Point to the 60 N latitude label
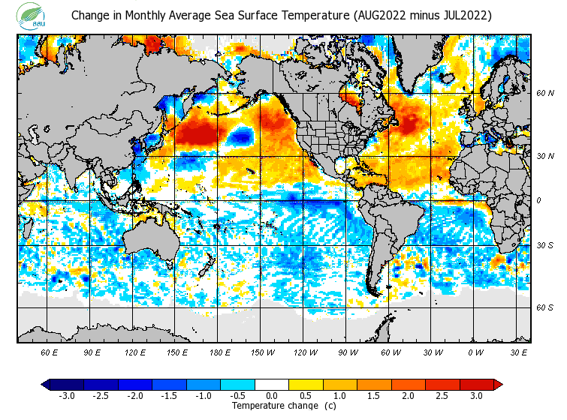544,93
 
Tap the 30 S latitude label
544,246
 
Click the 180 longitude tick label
220,352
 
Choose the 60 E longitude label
50,352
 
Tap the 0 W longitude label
476,352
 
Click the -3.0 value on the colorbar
66,396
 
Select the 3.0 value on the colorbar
477,396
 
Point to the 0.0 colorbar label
271,396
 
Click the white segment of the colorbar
271,385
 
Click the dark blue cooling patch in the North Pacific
241,136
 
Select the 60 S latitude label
544,307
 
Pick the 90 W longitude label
348,352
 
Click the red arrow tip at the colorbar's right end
498,385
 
